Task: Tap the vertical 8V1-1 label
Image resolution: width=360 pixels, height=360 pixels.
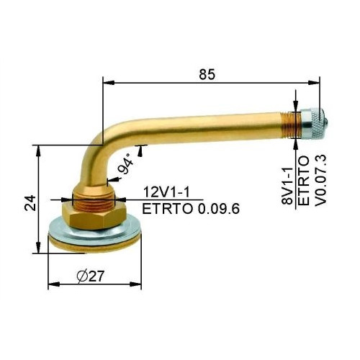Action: [x=287, y=186]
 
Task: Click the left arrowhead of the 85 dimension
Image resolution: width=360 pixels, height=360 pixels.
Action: [x=108, y=83]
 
